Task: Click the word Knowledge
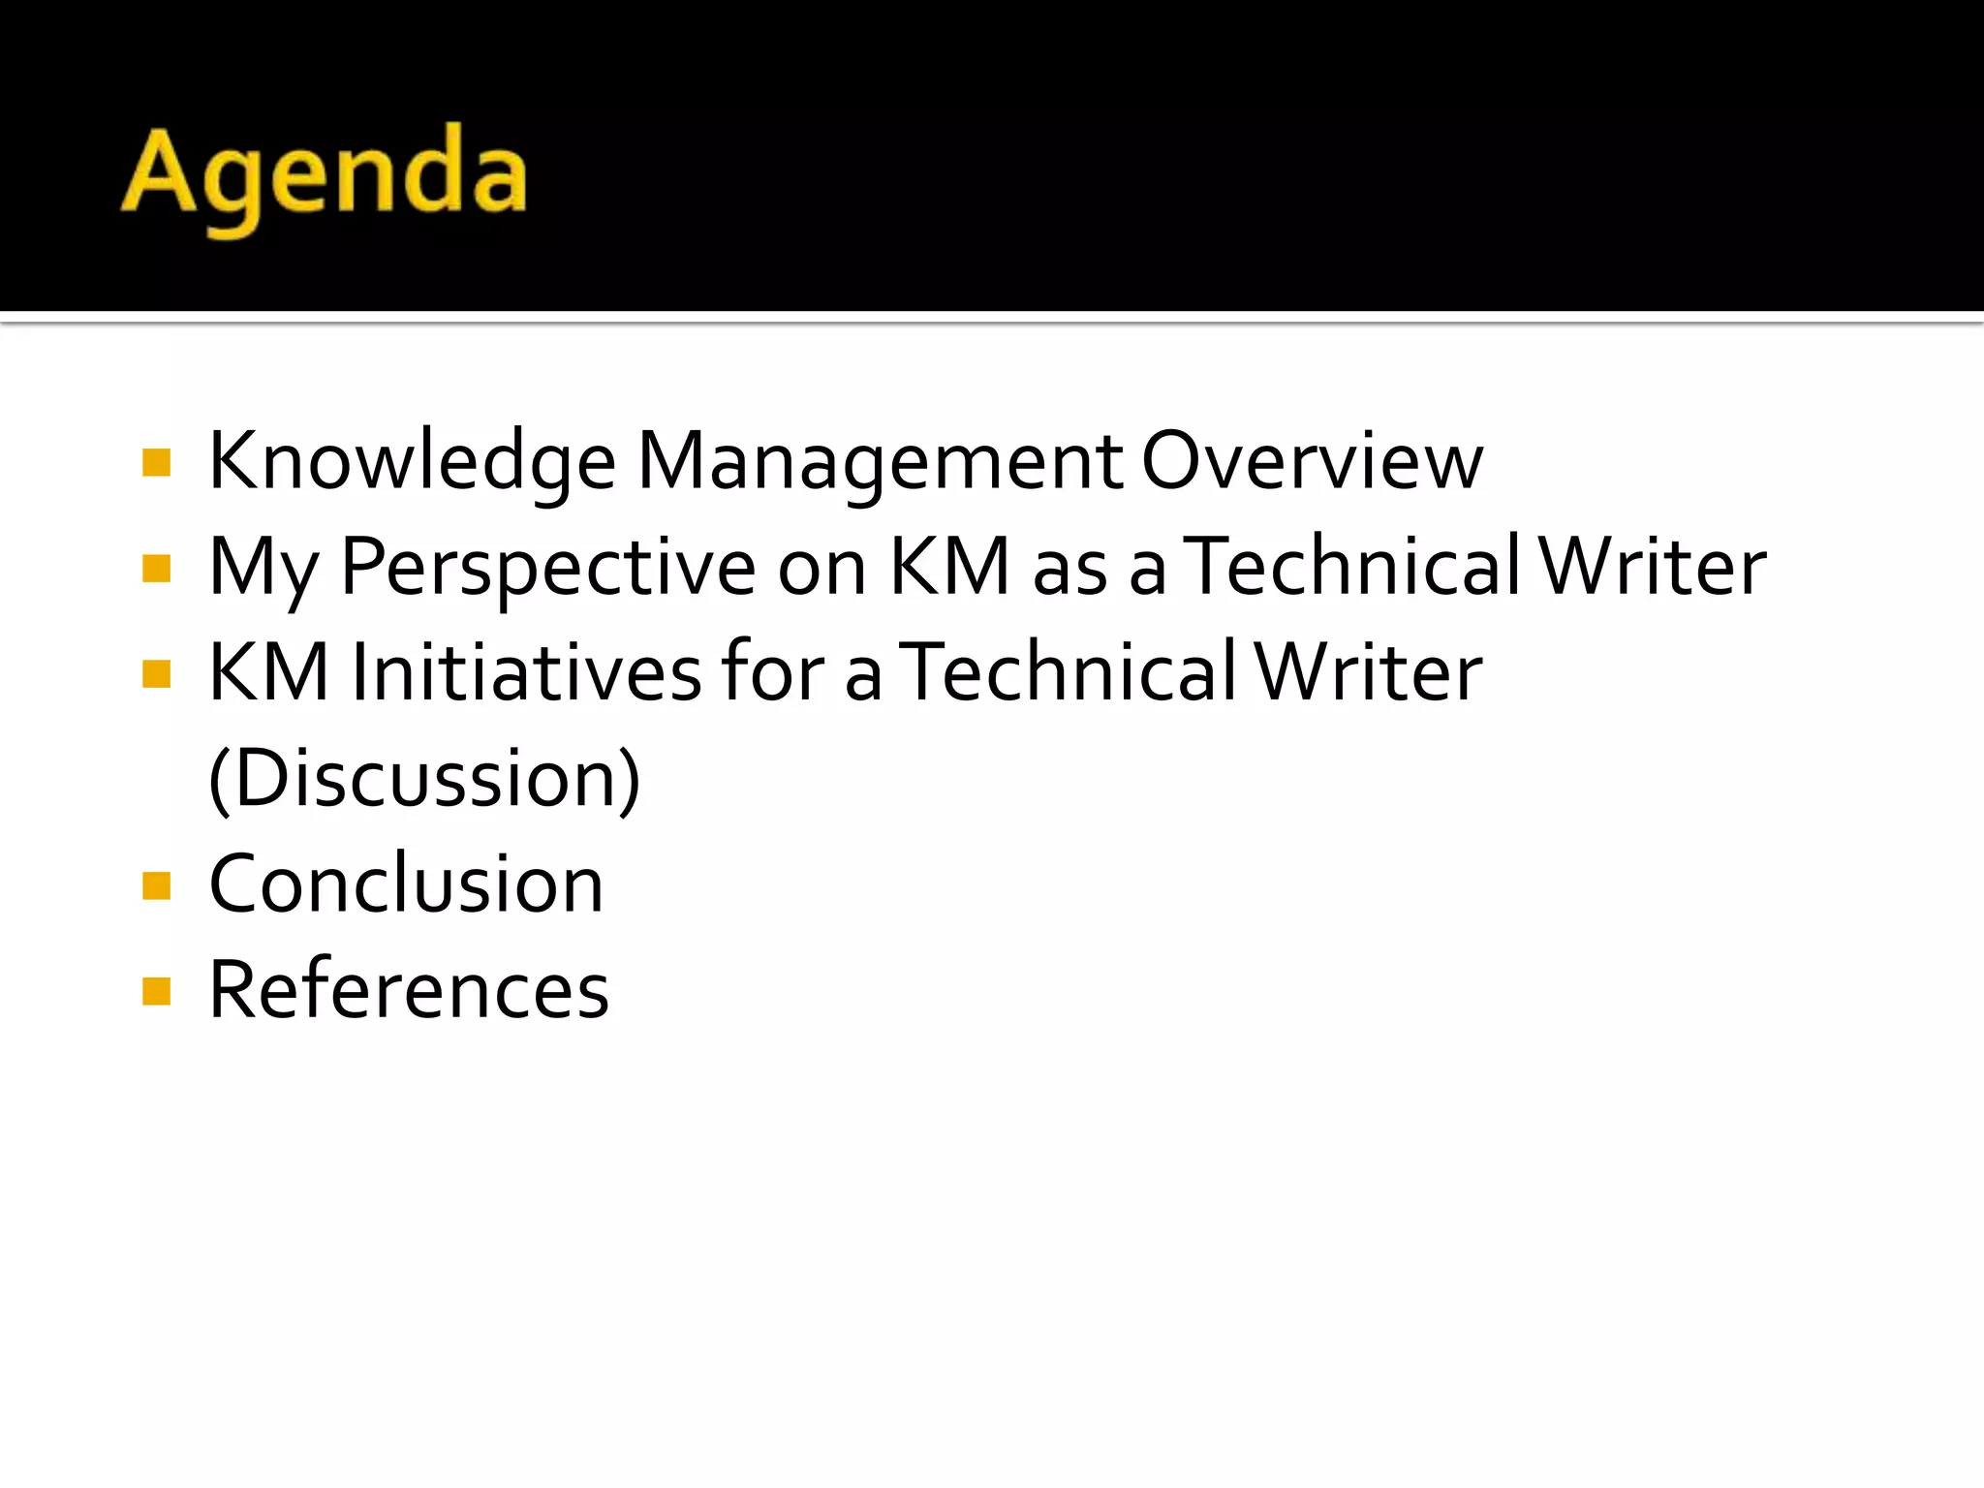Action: coord(412,462)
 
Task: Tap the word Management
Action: coord(880,462)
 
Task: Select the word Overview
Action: coord(1313,462)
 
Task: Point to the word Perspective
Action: coord(548,568)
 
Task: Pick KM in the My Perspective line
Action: coord(949,568)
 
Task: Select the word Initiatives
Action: coord(526,673)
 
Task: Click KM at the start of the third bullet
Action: coord(268,673)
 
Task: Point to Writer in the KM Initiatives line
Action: coord(1369,673)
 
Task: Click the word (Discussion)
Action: coord(424,779)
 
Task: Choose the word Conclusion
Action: coord(407,884)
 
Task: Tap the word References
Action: coord(409,990)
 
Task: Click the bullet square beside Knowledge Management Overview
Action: coord(156,463)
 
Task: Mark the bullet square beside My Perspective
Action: coord(156,569)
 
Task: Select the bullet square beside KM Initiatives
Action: coord(156,674)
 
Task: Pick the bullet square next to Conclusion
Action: coord(156,885)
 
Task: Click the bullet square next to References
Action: coord(156,991)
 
